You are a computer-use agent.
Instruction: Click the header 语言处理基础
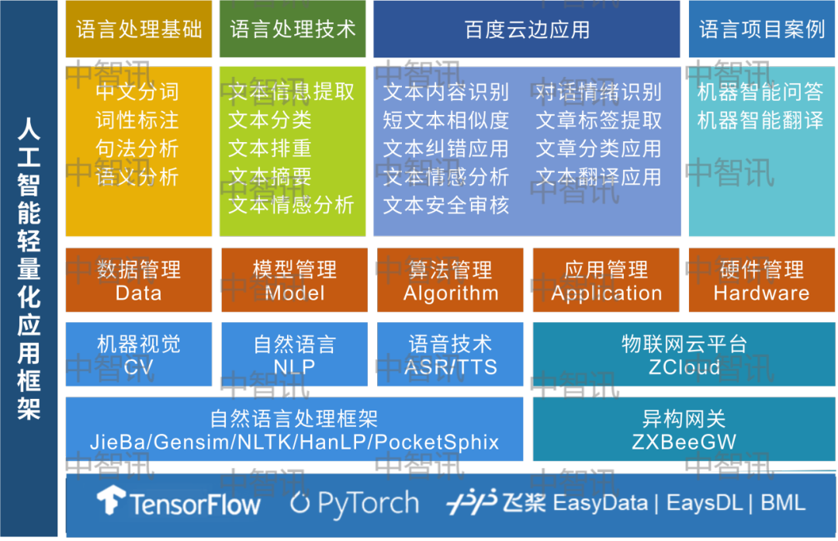[x=138, y=29]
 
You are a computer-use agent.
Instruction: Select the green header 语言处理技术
[x=293, y=29]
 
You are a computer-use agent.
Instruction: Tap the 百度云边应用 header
[x=526, y=29]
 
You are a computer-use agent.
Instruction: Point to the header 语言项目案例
[x=762, y=29]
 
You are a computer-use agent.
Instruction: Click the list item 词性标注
[x=137, y=120]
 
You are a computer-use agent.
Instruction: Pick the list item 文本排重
[x=270, y=148]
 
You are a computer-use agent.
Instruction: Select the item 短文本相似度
[x=445, y=120]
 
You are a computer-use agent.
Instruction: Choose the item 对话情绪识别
[x=598, y=92]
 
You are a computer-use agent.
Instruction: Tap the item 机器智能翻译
[x=760, y=120]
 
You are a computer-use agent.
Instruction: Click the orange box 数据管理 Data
[x=138, y=279]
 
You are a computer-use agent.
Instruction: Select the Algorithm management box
[x=450, y=279]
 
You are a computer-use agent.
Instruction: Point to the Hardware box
[x=762, y=279]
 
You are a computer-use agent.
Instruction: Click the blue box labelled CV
[x=138, y=354]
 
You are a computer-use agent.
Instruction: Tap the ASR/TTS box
[x=450, y=354]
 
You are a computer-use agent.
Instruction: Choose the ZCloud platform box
[x=684, y=354]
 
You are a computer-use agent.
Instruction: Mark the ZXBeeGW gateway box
[x=684, y=428]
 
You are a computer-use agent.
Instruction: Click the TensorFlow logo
[x=178, y=502]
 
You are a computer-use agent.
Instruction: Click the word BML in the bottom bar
[x=783, y=503]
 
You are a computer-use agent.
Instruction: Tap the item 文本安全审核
[x=445, y=205]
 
